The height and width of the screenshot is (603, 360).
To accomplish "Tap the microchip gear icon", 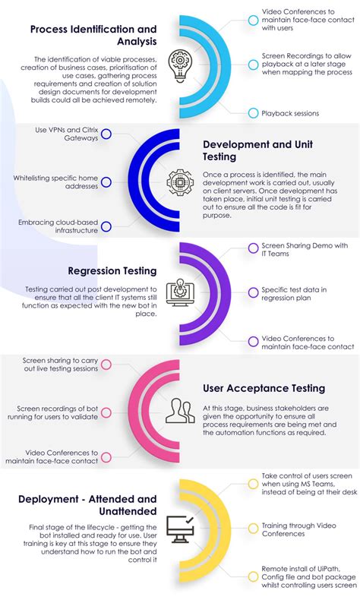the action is (x=179, y=182).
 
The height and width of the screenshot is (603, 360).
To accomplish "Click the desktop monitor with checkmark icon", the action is (x=181, y=529).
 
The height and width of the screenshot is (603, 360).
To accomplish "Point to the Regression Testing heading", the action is (x=112, y=271).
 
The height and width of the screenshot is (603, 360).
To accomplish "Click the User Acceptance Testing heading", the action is (x=264, y=388).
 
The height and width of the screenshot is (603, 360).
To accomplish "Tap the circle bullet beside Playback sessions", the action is (x=253, y=113).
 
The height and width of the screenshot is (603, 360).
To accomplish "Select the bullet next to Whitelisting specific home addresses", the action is (x=106, y=182).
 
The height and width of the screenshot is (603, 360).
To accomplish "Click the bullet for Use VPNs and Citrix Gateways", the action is (x=106, y=134).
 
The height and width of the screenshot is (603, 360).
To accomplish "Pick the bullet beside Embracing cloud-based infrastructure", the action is (x=106, y=226).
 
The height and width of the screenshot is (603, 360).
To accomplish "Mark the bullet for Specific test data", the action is (x=253, y=292).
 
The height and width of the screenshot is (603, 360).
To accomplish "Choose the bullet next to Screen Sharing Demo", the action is (x=253, y=248).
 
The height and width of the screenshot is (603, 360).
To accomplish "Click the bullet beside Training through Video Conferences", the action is (x=253, y=529).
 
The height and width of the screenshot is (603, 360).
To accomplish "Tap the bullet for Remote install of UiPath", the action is (x=253, y=576).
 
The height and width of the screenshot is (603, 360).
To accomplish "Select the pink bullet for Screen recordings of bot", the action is (x=106, y=412).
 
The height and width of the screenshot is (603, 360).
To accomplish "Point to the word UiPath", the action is (x=328, y=569).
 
